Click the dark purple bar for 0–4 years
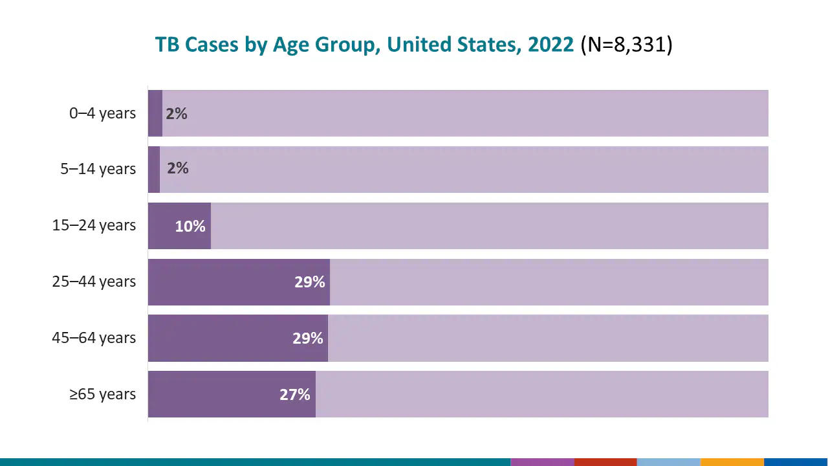click(155, 113)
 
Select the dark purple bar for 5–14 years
click(154, 170)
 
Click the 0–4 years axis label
click(102, 113)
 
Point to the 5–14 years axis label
click(98, 170)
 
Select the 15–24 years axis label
click(94, 226)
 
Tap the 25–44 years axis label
click(94, 282)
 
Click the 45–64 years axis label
click(94, 338)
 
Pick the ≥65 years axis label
click(102, 394)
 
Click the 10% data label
click(190, 227)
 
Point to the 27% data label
click(295, 395)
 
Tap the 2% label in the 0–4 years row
click(177, 114)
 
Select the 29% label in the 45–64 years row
click(307, 338)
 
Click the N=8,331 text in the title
click(626, 45)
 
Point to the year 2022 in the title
click(550, 45)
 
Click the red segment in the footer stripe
click(605, 462)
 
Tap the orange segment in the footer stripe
click(732, 462)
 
